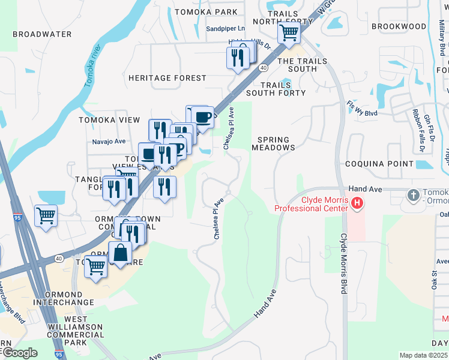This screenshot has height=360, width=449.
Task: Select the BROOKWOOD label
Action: tap(399, 26)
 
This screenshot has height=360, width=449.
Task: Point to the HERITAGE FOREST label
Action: tap(167, 78)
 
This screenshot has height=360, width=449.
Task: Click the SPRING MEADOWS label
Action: tap(273, 143)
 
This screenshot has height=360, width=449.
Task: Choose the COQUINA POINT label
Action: tap(379, 164)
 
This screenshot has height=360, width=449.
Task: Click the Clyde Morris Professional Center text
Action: tap(312, 204)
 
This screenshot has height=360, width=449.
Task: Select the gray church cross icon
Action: tap(413, 195)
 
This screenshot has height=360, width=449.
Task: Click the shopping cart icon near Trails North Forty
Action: tap(289, 32)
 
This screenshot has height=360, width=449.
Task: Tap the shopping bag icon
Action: tap(120, 253)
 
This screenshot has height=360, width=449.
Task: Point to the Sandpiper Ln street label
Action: tap(226, 28)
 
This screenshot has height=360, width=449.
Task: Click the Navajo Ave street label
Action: tap(109, 142)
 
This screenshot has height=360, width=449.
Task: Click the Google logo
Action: tap(19, 352)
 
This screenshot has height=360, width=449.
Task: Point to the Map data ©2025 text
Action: tap(423, 355)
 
